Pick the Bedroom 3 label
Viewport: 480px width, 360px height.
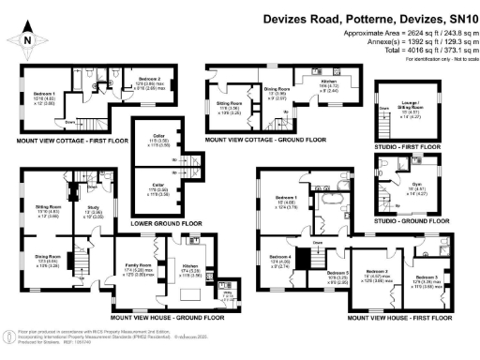[x=423, y=277]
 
